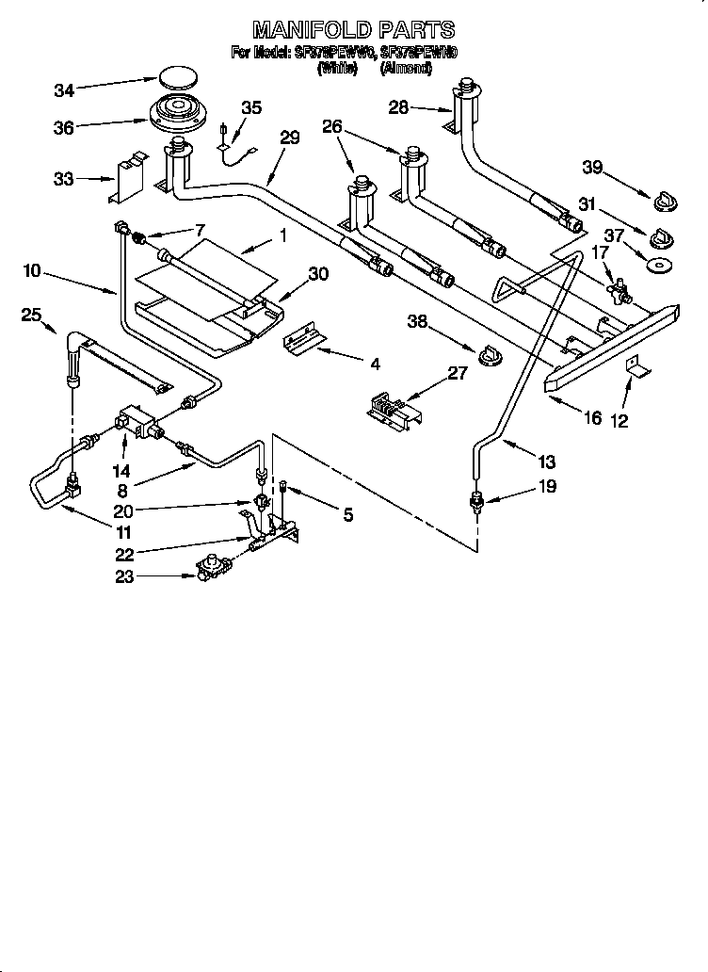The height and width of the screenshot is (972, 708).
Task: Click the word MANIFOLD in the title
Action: (x=302, y=30)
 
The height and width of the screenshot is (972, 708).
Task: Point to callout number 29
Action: (x=289, y=138)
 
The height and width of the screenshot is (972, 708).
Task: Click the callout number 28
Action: (x=399, y=107)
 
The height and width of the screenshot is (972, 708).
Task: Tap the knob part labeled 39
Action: (x=666, y=201)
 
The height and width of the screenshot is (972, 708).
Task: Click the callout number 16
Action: (x=592, y=417)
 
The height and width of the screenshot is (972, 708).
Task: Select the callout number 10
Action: (x=33, y=271)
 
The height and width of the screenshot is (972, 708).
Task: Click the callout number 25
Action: (x=32, y=316)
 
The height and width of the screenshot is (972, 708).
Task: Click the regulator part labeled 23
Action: (x=216, y=568)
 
